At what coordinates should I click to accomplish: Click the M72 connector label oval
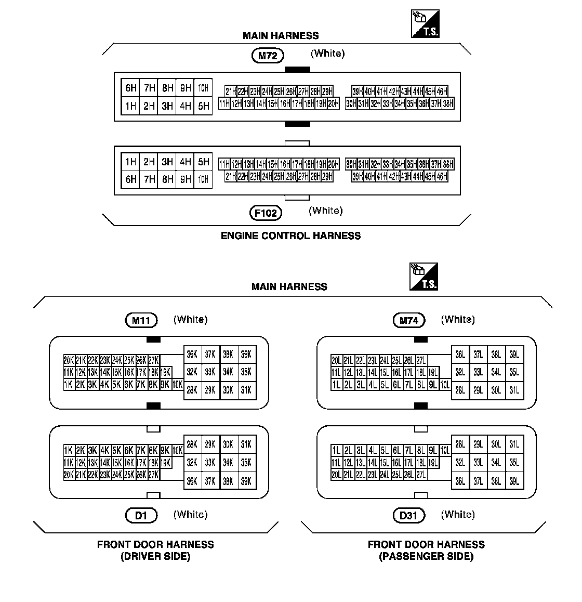tap(268, 56)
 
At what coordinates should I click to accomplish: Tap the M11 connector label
tap(141, 320)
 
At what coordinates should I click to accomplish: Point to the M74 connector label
tap(408, 320)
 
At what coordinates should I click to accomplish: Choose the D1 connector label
tap(141, 516)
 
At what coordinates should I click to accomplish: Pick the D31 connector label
tap(408, 516)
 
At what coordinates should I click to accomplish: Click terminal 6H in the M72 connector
tap(130, 88)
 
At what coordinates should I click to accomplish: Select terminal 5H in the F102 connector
tap(203, 162)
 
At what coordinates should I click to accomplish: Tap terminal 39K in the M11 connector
tap(246, 354)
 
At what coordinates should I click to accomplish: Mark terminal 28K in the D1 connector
tap(192, 444)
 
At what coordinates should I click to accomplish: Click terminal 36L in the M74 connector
tap(460, 355)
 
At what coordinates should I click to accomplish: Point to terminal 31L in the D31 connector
tap(514, 444)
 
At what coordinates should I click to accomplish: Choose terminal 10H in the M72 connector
tap(203, 88)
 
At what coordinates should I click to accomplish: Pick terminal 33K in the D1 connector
tap(210, 463)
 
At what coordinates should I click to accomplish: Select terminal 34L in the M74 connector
tap(496, 372)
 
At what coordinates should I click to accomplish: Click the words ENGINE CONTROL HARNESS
tap(290, 235)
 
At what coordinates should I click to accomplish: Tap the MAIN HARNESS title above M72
tap(281, 36)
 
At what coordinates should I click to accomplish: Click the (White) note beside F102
tap(326, 211)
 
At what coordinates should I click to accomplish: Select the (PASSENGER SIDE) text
tap(426, 556)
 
